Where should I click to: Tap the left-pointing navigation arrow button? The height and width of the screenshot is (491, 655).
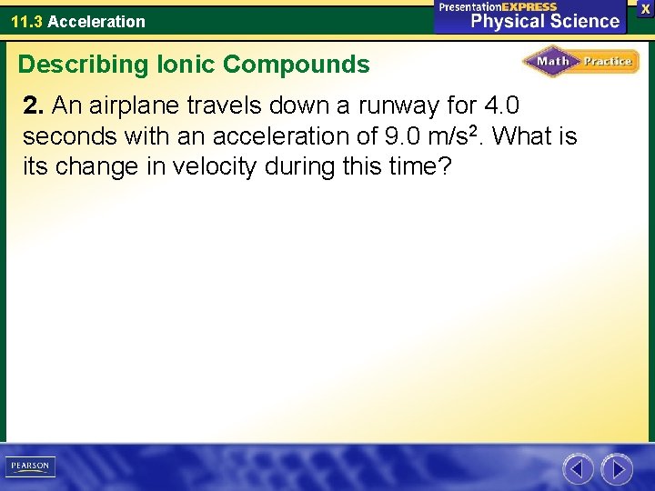point(578,469)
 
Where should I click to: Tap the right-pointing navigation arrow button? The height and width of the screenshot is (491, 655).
point(617,469)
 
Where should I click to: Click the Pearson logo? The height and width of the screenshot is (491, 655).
point(30,466)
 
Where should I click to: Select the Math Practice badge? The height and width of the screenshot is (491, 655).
point(580,62)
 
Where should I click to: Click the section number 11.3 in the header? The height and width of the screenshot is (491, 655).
point(26,21)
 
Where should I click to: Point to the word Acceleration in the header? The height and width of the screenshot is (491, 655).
point(96,21)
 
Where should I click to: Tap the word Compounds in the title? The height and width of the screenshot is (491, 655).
point(297,65)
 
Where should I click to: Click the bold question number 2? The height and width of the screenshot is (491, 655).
point(34,106)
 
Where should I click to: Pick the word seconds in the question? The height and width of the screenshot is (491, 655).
point(59,137)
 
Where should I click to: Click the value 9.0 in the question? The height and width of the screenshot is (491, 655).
point(403,137)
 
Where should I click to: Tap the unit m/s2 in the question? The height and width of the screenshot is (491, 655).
point(459,136)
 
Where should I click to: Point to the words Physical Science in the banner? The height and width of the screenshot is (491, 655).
point(544,20)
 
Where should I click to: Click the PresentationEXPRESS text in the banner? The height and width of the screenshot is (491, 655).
point(498,6)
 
